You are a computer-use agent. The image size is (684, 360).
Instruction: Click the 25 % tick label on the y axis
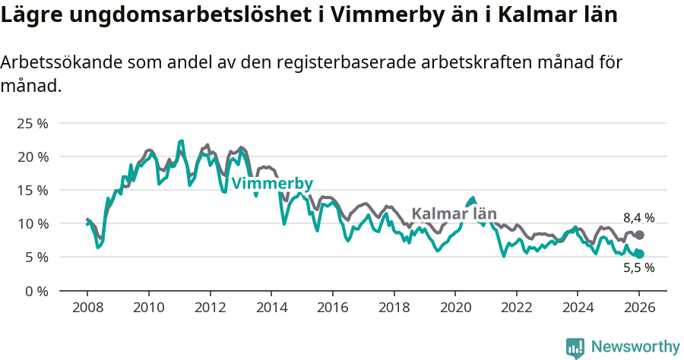coord(32,123)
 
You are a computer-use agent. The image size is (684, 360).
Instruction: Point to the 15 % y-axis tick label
coord(32,190)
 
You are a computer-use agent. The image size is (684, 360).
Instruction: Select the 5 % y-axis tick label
coord(35,257)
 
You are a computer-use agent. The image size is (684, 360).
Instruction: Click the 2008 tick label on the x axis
coord(87,308)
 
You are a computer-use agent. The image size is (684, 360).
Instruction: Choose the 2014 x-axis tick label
coord(271,308)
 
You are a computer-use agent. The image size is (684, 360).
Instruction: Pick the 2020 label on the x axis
coord(455,308)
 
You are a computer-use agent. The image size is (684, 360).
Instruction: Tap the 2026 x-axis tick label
coord(639,308)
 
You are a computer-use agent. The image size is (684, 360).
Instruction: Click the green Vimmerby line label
coord(272,184)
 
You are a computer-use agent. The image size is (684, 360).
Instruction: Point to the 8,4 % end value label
coord(639,219)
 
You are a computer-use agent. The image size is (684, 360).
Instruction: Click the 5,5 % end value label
coord(639,267)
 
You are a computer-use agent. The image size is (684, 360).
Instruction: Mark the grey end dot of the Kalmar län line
coord(639,235)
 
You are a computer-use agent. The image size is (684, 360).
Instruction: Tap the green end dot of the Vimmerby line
coord(639,254)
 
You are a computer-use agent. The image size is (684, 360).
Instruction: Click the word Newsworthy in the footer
coord(635,346)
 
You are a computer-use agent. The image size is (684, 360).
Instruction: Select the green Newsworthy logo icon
coord(575,347)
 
